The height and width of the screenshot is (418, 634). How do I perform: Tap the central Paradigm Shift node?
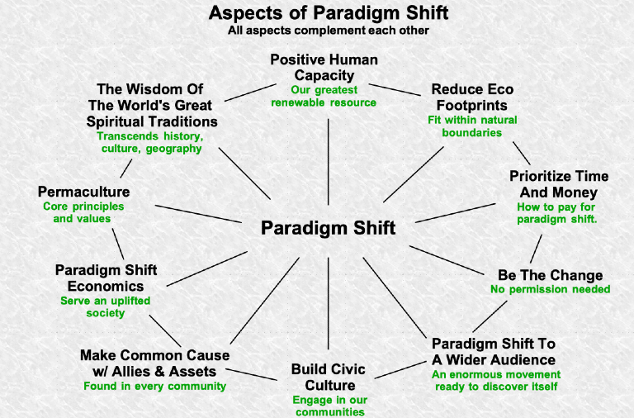329,228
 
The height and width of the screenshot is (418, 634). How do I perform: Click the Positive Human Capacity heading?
324,68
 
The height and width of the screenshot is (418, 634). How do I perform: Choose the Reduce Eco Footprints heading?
469,97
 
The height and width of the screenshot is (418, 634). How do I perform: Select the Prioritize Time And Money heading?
559,184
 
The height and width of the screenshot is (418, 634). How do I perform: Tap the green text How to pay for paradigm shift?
556,212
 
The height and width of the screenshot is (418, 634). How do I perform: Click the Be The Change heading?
550,275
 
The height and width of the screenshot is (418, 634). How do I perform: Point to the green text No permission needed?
550,290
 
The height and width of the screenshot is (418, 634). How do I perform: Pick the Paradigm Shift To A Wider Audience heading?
494,351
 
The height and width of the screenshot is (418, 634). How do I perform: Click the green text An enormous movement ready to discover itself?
494,380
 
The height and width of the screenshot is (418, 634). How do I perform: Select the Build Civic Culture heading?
328,377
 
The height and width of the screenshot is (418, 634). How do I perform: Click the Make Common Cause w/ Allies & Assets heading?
154,363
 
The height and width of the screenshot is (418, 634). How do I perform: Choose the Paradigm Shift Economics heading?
106,278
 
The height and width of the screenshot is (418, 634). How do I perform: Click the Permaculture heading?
83,192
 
